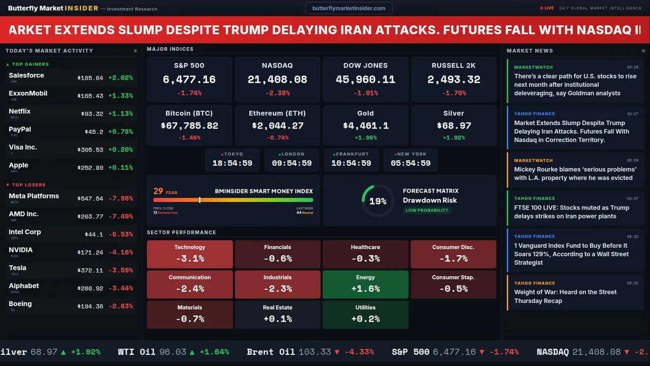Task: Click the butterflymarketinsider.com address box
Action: [348, 8]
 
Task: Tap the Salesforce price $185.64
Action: [90, 78]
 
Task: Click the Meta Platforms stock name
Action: [34, 196]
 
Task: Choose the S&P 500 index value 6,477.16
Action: [189, 80]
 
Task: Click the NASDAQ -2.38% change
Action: [277, 93]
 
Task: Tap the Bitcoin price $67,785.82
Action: [189, 126]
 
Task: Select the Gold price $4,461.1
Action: [365, 126]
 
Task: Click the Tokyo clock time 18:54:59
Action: [232, 163]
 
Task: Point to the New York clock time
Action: [410, 163]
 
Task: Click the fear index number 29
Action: [158, 191]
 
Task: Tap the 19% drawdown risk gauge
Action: [378, 201]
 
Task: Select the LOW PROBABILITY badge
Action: [427, 210]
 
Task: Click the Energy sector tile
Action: [365, 284]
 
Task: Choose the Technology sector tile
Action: [189, 254]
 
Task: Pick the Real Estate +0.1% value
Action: [277, 319]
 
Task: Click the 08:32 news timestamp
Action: [632, 236]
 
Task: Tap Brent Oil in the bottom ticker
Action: [271, 352]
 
